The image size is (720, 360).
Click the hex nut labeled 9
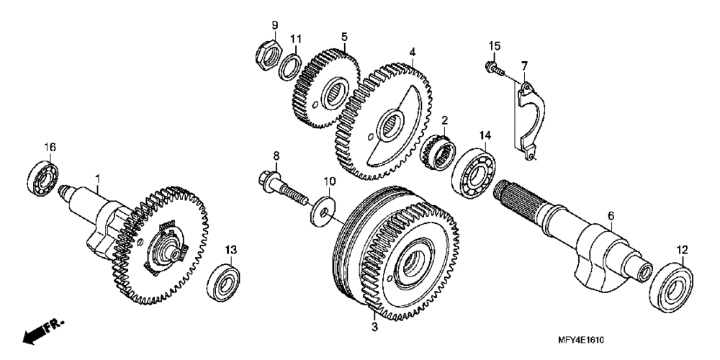tap(266, 54)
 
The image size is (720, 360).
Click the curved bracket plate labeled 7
tap(531, 115)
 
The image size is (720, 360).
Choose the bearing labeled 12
tap(672, 287)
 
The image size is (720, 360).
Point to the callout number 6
tap(611, 215)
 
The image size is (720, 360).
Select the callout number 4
tap(413, 52)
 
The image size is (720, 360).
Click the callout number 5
tap(344, 35)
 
